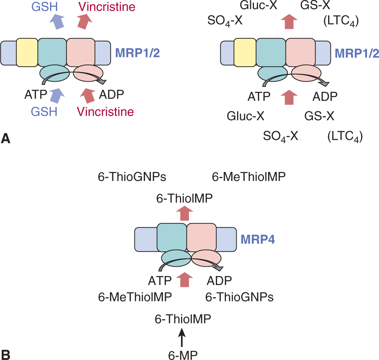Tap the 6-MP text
coord(183,353)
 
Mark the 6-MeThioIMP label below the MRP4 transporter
coord(135,297)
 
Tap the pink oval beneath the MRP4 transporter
coord(206,259)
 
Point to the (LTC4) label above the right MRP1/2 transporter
coord(340,22)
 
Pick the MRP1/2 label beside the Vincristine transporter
coord(137,53)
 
